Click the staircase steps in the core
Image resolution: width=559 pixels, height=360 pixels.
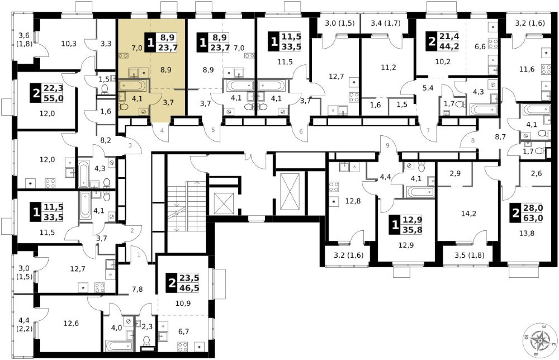point(186,207)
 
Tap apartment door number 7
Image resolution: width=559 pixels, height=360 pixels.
point(428,131)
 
